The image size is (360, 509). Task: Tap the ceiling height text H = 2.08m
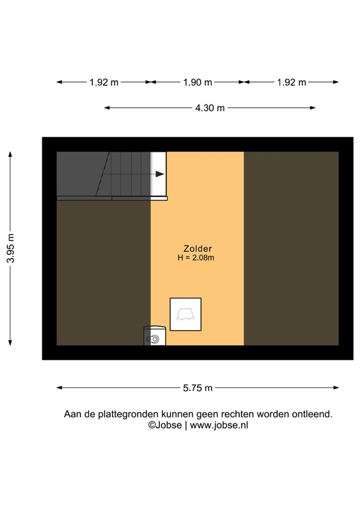click(196, 258)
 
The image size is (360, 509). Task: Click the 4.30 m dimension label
click(210, 108)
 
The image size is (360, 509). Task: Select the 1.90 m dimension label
click(197, 82)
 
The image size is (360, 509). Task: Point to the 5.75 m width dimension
click(197, 388)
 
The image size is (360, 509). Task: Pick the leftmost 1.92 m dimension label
click(103, 82)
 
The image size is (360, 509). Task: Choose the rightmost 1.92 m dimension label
click(291, 82)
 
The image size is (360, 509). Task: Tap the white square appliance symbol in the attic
click(185, 314)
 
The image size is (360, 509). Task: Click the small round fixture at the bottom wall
click(154, 339)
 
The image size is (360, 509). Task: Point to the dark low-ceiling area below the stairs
click(103, 272)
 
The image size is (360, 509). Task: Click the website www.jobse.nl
click(219, 426)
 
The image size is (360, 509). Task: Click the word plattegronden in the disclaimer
click(124, 414)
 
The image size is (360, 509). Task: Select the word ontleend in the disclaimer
click(312, 414)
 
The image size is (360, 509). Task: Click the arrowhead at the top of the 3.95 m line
click(11, 154)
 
